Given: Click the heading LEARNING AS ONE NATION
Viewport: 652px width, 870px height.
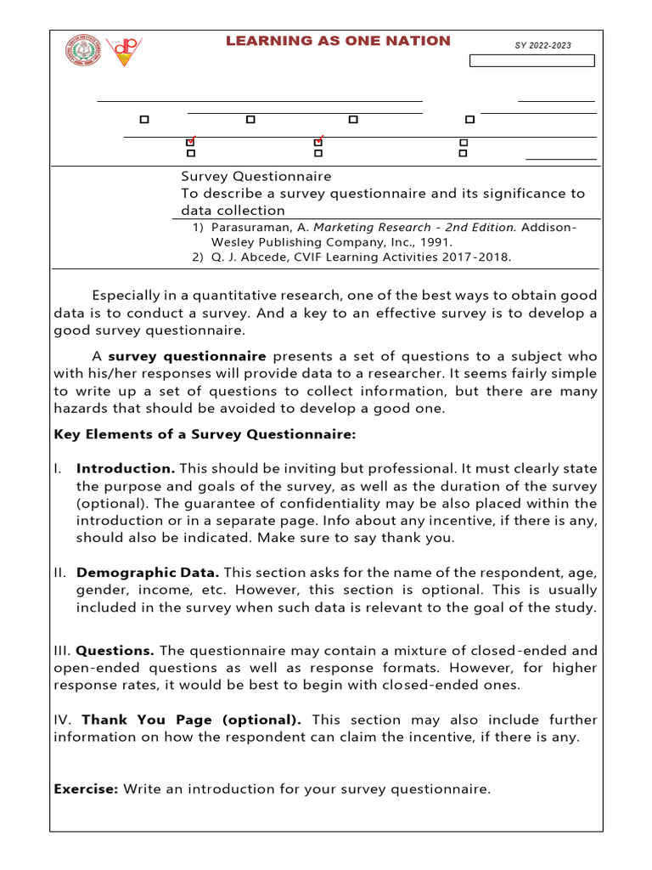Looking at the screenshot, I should (338, 41).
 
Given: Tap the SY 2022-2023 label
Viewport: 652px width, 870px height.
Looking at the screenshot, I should (542, 45).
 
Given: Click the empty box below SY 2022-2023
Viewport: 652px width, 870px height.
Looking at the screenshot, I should (532, 60).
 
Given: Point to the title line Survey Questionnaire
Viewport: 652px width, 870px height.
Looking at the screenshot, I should (256, 176).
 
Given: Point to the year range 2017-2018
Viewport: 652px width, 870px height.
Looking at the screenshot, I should (480, 257).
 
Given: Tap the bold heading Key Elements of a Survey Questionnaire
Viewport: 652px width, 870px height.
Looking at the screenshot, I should (205, 435).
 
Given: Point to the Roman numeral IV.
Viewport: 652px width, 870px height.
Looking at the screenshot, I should (63, 720).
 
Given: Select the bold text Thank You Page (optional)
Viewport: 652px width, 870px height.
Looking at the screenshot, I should (191, 720).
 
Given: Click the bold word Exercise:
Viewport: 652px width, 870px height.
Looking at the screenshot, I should (86, 789).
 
